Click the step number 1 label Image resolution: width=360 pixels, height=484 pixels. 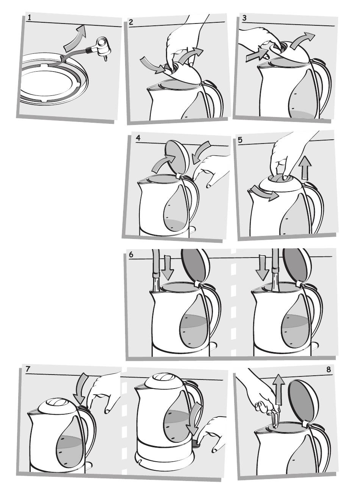tap(29, 18)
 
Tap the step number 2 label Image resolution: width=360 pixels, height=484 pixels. tap(131, 22)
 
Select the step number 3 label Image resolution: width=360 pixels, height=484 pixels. tap(244, 18)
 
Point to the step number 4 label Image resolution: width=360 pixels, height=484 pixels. tap(138, 138)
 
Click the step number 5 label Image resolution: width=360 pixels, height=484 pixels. tap(240, 140)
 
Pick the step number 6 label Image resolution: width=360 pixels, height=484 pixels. tap(131, 254)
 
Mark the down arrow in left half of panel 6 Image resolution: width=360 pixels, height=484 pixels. tap(167, 267)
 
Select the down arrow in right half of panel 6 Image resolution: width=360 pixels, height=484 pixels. tap(262, 267)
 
